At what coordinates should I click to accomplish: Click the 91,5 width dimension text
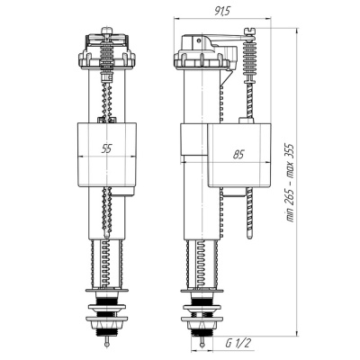pos(222,11)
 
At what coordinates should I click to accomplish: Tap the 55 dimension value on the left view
pos(106,148)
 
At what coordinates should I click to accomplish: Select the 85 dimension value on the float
pos(238,155)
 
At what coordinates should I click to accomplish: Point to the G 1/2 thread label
pos(238,343)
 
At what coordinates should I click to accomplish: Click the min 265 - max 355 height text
pos(290,183)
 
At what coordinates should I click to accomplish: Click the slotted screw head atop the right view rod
pos(249,31)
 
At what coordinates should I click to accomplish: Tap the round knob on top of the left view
pos(106,31)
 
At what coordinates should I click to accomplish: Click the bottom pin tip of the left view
pos(106,344)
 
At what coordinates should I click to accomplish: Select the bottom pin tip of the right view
pos(203,344)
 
